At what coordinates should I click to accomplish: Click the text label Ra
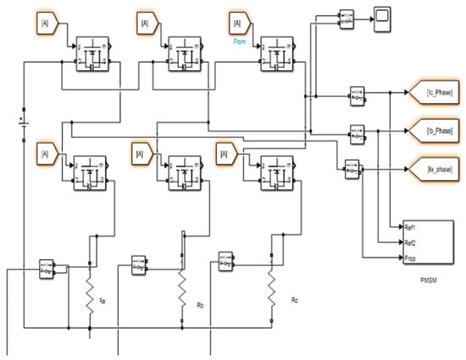pos(103,300)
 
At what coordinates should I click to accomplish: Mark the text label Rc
pos(282,299)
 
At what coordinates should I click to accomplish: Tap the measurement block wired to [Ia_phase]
pos(349,169)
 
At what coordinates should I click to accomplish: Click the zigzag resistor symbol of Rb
pos(180,292)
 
